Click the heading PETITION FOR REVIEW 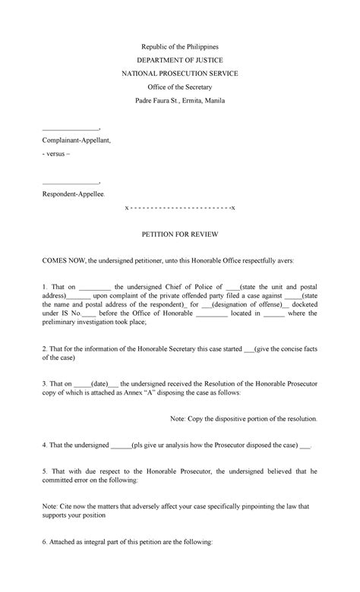180,237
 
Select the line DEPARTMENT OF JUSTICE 180,59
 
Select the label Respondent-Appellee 74,195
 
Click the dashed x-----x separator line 180,207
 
